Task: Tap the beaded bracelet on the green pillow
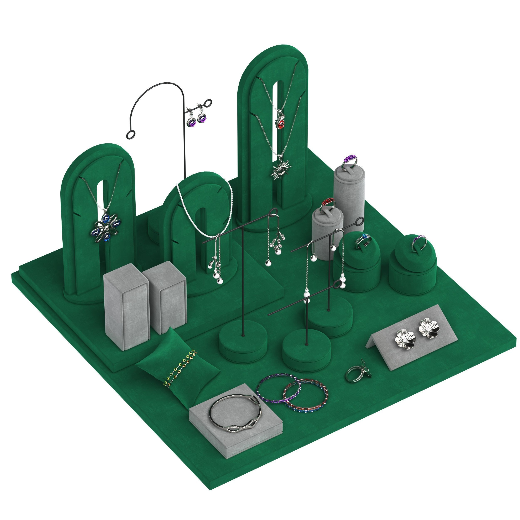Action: [180, 368]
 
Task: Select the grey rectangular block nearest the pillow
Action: [126, 307]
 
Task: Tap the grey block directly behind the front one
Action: [165, 299]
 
